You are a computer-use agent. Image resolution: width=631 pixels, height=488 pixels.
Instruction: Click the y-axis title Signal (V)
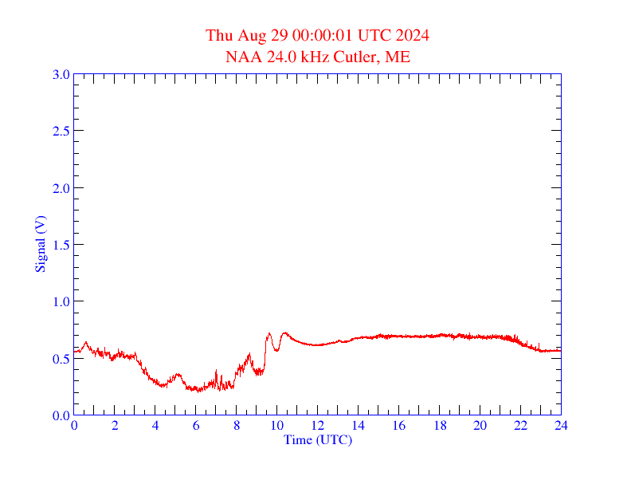coord(40,244)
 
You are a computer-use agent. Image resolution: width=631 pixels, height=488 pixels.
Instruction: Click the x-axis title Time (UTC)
coord(317,439)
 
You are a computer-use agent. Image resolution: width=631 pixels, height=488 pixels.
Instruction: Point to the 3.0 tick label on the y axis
coord(61,74)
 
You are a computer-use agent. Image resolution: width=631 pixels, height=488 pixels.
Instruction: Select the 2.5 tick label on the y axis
coord(61,131)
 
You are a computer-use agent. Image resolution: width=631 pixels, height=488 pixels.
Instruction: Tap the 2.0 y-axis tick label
coord(61,188)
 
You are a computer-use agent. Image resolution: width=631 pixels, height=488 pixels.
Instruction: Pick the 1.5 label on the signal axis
coord(61,245)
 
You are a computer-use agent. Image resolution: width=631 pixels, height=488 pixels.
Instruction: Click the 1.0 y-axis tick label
coord(61,301)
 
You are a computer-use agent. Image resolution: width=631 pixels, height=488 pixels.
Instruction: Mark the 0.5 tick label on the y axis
coord(61,359)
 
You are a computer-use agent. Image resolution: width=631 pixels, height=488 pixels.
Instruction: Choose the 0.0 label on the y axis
coord(61,415)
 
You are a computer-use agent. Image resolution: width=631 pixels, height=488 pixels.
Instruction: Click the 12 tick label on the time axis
coord(318,426)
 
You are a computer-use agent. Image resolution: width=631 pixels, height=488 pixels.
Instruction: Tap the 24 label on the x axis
coord(561,426)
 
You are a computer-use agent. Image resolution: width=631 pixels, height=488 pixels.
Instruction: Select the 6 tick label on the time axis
coord(196,426)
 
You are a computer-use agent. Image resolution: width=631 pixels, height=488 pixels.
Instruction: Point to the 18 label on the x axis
coord(440,426)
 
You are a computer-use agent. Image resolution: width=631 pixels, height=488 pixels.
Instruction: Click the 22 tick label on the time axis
coord(520,426)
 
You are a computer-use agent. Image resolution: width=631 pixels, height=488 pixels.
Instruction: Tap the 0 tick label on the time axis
coord(74,426)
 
